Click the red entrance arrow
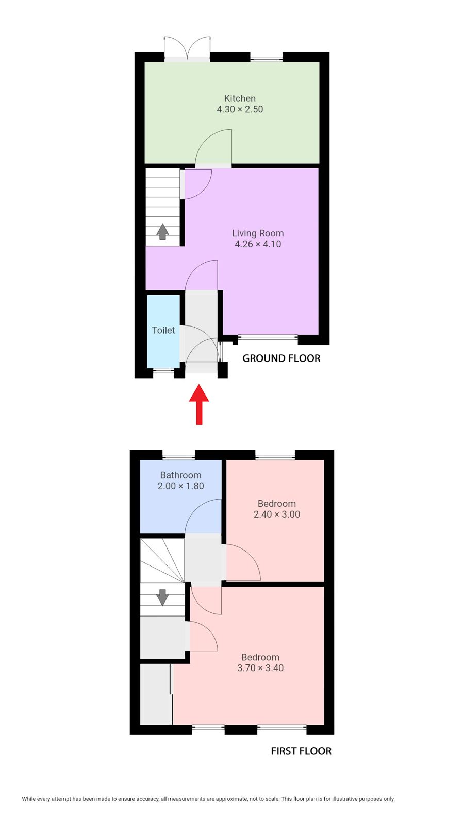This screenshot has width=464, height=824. click(199, 404)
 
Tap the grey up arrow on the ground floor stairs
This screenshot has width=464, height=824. click(162, 232)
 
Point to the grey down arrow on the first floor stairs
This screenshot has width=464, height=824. click(162, 597)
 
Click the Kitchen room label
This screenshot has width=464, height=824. click(240, 98)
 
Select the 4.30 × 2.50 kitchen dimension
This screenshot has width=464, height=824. click(240, 109)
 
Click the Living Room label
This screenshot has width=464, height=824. click(258, 233)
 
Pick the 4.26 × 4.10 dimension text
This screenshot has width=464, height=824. click(258, 244)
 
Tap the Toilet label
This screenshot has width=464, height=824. click(163, 330)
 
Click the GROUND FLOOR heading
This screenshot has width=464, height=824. click(281, 358)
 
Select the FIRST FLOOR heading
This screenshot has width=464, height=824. click(301, 751)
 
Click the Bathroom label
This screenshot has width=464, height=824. click(181, 475)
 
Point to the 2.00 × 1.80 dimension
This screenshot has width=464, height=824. click(181, 486)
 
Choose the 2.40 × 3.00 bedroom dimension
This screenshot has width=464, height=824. click(276, 514)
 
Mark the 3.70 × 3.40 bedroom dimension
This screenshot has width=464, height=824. click(260, 668)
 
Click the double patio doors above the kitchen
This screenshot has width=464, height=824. click(187, 48)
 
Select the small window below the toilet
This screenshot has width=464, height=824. click(163, 370)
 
